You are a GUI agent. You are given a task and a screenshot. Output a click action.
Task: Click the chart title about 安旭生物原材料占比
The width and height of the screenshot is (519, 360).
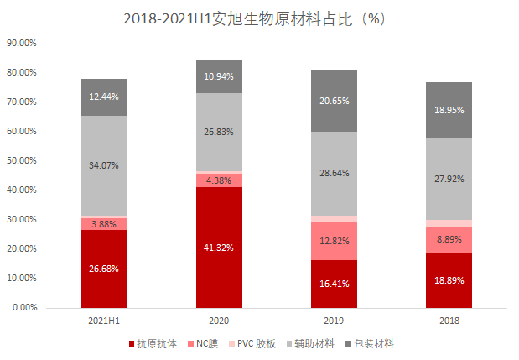[259, 18]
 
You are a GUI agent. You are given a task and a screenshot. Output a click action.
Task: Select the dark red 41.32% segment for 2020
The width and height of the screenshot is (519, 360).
[219, 247]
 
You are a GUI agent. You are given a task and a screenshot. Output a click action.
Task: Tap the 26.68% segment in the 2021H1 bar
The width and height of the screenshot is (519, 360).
[104, 268]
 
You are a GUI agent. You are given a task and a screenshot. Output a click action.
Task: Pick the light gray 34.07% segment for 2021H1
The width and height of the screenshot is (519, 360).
[104, 165]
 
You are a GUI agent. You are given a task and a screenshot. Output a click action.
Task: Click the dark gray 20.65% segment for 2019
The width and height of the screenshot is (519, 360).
[334, 101]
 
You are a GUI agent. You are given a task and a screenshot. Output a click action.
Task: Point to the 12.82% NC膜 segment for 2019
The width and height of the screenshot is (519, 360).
[334, 241]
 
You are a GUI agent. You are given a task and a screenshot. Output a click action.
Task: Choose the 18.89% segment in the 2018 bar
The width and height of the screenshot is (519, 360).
[449, 279]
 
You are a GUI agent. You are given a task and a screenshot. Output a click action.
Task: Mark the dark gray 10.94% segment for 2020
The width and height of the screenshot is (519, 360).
[219, 76]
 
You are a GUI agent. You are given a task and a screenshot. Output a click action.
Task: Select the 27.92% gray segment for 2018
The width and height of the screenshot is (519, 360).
[449, 179]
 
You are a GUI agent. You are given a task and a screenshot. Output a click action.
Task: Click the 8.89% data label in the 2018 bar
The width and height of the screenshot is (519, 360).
[449, 238]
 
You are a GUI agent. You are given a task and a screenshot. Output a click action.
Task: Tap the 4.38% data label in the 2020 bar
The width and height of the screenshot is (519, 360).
[219, 180]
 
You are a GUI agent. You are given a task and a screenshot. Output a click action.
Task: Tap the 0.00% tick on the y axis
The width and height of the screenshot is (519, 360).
[23, 307]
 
